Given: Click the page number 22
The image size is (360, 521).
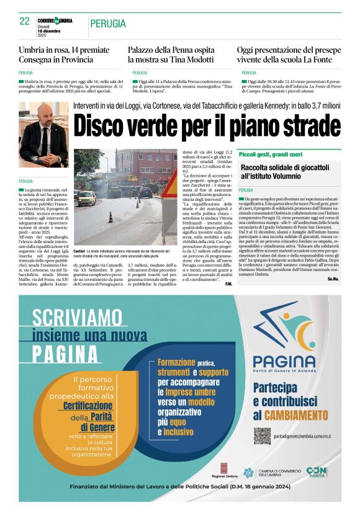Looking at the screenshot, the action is point(24,21).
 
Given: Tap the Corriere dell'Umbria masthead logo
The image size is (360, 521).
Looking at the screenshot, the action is point(55,20).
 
